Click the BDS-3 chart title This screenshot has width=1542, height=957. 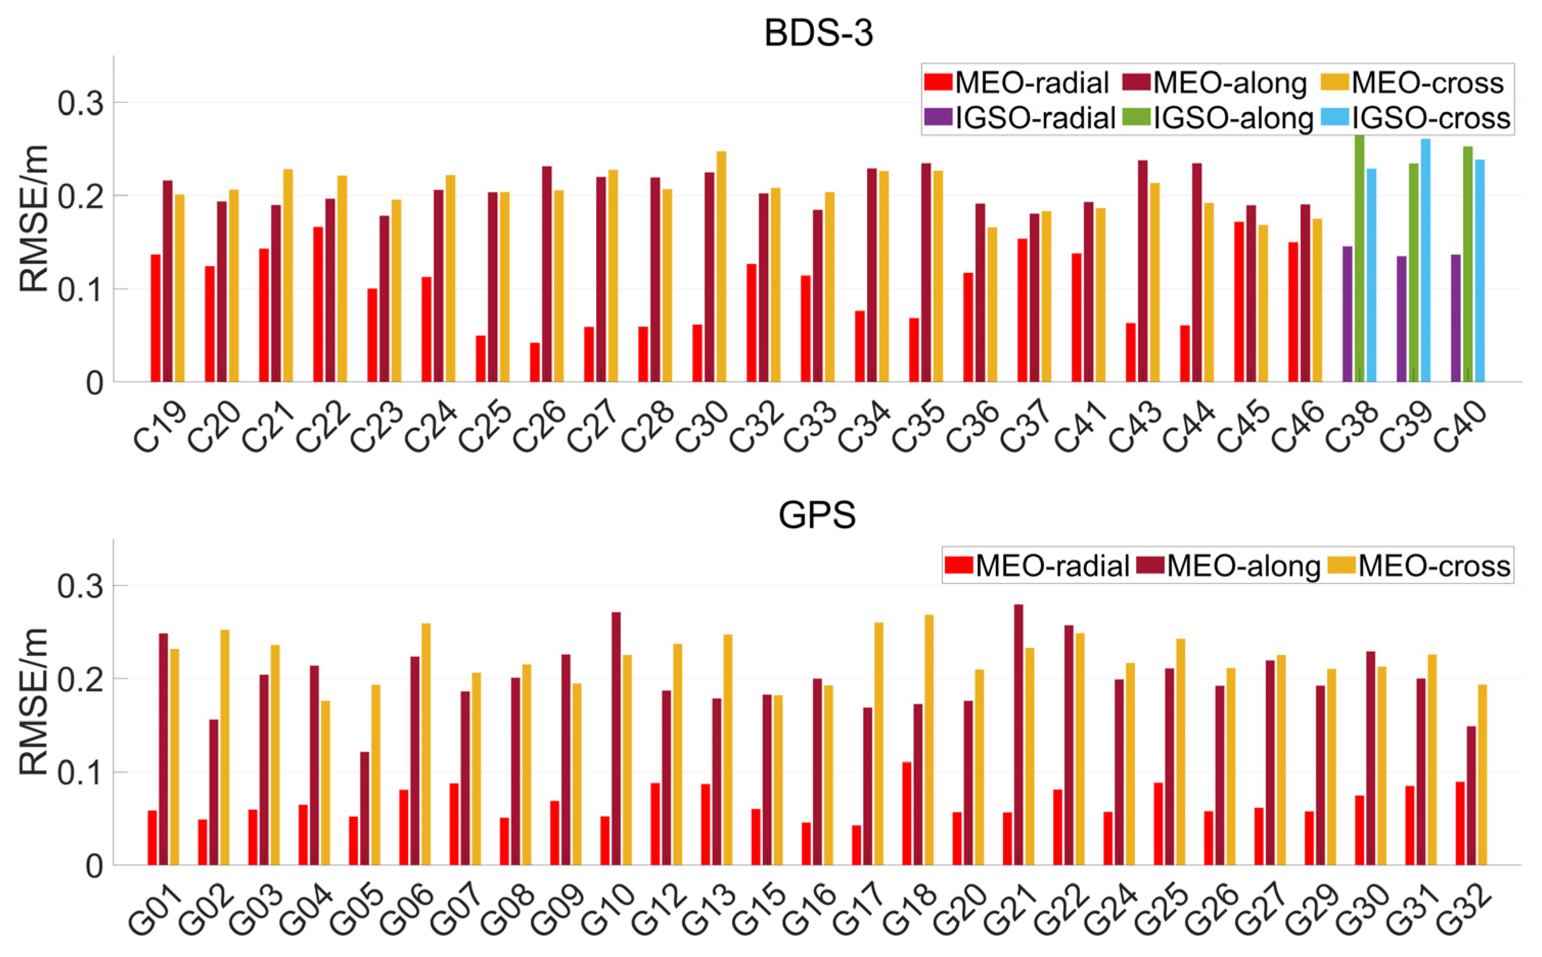click(818, 33)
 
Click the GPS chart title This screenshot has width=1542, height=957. click(817, 516)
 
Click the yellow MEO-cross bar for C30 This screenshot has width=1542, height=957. click(721, 266)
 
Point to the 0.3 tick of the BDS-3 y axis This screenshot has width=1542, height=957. click(80, 103)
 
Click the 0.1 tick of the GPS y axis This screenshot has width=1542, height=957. click(80, 773)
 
